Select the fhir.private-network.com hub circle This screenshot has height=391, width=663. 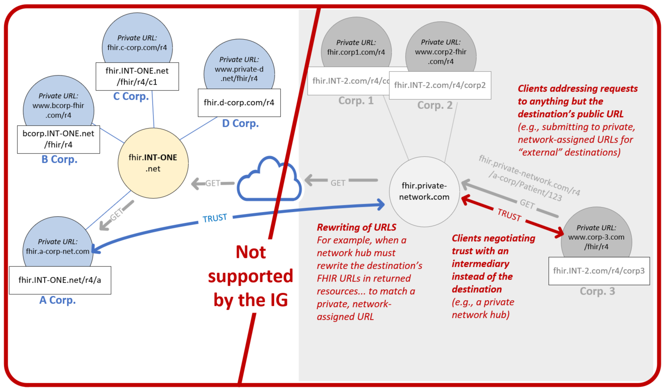click(x=424, y=191)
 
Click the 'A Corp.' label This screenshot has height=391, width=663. click(x=57, y=300)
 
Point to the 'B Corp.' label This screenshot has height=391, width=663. click(x=59, y=159)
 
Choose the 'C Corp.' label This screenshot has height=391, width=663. click(x=131, y=96)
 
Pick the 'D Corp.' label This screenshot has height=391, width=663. click(x=240, y=123)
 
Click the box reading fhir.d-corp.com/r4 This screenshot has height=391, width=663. click(x=239, y=102)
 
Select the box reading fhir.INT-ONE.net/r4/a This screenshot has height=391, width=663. click(x=60, y=280)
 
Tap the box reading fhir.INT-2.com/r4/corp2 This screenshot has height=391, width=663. click(x=440, y=85)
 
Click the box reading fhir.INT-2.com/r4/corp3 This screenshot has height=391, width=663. click(x=599, y=271)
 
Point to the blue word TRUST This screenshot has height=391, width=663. click(x=215, y=219)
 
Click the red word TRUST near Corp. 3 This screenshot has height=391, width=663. click(x=509, y=215)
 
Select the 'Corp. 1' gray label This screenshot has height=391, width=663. click(x=356, y=101)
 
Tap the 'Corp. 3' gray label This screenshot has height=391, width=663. click(x=597, y=291)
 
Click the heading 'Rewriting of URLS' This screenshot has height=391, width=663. click(x=356, y=227)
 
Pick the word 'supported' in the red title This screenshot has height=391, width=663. click(x=250, y=276)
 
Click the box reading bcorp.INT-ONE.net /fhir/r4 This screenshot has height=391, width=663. click(x=58, y=139)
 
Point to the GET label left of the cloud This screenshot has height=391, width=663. click(x=212, y=183)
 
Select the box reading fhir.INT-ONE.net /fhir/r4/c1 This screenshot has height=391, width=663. click(x=137, y=76)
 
